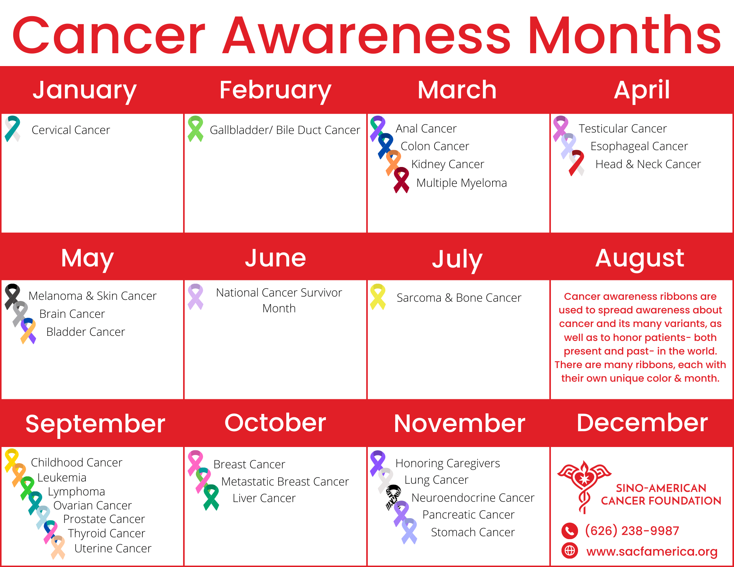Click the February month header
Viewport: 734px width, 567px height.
(x=275, y=90)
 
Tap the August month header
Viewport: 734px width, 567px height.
(x=640, y=258)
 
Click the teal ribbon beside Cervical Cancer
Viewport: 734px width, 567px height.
(x=12, y=129)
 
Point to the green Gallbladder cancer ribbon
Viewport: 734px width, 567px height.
(x=195, y=129)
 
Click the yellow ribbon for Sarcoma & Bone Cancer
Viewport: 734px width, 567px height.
(x=378, y=297)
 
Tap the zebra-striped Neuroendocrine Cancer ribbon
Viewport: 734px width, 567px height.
(x=393, y=498)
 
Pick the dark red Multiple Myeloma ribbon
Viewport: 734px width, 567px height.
(x=401, y=180)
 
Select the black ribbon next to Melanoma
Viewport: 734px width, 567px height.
(x=12, y=297)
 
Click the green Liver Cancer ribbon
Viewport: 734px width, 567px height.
(x=211, y=497)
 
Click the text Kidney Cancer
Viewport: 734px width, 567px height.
(x=448, y=164)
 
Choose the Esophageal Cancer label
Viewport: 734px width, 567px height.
(x=639, y=146)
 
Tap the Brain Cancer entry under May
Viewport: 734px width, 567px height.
(x=72, y=314)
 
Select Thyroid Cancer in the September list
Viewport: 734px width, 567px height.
(x=106, y=533)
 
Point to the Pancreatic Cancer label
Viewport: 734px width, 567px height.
(x=468, y=515)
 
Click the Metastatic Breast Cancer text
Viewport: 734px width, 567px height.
(x=285, y=481)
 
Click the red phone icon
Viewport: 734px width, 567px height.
(x=570, y=531)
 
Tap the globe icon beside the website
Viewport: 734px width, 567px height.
(x=570, y=551)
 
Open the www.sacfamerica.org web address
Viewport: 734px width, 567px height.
(x=652, y=552)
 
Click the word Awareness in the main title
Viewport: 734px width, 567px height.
(x=367, y=36)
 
